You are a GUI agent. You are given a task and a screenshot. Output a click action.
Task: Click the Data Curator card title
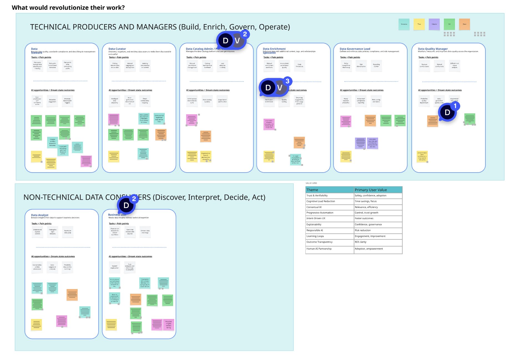click(x=117, y=49)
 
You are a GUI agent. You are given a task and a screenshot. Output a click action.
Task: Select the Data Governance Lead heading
click(x=355, y=49)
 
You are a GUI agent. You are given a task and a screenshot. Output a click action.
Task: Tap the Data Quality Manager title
click(x=433, y=49)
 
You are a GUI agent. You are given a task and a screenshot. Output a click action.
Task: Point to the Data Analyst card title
click(x=40, y=215)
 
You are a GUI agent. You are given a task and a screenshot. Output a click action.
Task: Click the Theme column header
click(x=312, y=190)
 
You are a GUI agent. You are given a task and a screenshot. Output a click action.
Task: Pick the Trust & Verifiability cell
click(x=317, y=196)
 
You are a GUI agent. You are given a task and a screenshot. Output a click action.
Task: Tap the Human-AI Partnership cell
click(x=319, y=249)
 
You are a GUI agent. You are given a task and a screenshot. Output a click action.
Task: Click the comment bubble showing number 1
click(x=447, y=112)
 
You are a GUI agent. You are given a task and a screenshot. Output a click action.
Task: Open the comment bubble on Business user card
click(x=127, y=205)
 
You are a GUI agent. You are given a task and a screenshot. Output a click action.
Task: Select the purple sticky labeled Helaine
click(x=434, y=24)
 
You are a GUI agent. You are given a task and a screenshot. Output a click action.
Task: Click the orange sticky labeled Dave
click(x=464, y=24)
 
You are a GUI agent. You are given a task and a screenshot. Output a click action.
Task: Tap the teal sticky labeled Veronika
click(x=404, y=24)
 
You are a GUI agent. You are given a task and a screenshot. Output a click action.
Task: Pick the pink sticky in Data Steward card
click(x=86, y=161)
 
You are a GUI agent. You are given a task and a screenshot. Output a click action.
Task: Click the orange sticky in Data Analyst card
click(x=72, y=295)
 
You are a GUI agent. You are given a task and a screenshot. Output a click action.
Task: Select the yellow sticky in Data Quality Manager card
click(x=422, y=156)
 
